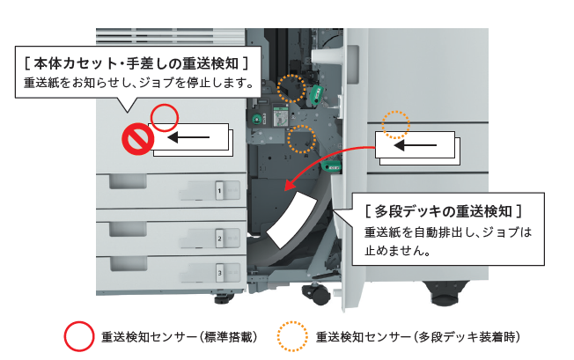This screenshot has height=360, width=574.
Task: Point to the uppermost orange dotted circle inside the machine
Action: (x=291, y=87)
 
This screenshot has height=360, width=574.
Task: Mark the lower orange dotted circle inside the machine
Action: (x=302, y=138)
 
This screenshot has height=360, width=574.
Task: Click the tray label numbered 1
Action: (x=217, y=189)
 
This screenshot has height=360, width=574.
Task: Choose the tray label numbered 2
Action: (x=217, y=239)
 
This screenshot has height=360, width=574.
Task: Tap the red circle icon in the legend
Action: (x=78, y=335)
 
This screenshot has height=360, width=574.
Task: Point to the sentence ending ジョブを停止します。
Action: (x=140, y=84)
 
